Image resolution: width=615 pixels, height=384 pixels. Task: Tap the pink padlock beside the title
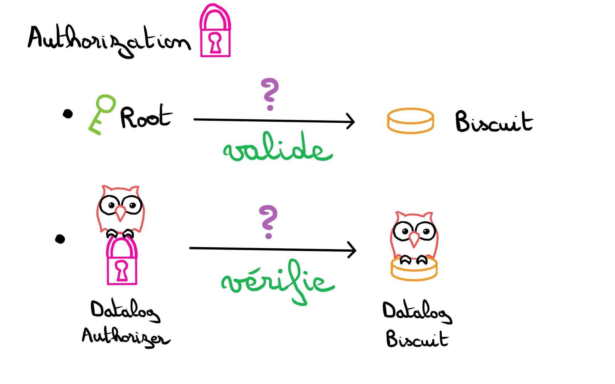[x=215, y=31]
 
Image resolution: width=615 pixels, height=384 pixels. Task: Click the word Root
[x=146, y=117]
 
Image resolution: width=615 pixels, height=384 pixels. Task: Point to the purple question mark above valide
[x=269, y=94]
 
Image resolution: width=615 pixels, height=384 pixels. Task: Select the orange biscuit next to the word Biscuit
[x=410, y=121]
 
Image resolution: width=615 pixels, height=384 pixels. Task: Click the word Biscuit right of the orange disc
[x=494, y=122]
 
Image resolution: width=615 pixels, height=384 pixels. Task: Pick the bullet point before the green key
[x=68, y=114]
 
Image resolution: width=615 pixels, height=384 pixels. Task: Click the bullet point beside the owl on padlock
[x=60, y=239]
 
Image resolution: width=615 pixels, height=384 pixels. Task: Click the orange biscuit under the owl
[x=414, y=272]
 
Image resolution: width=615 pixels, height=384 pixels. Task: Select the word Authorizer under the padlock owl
[x=125, y=337]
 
